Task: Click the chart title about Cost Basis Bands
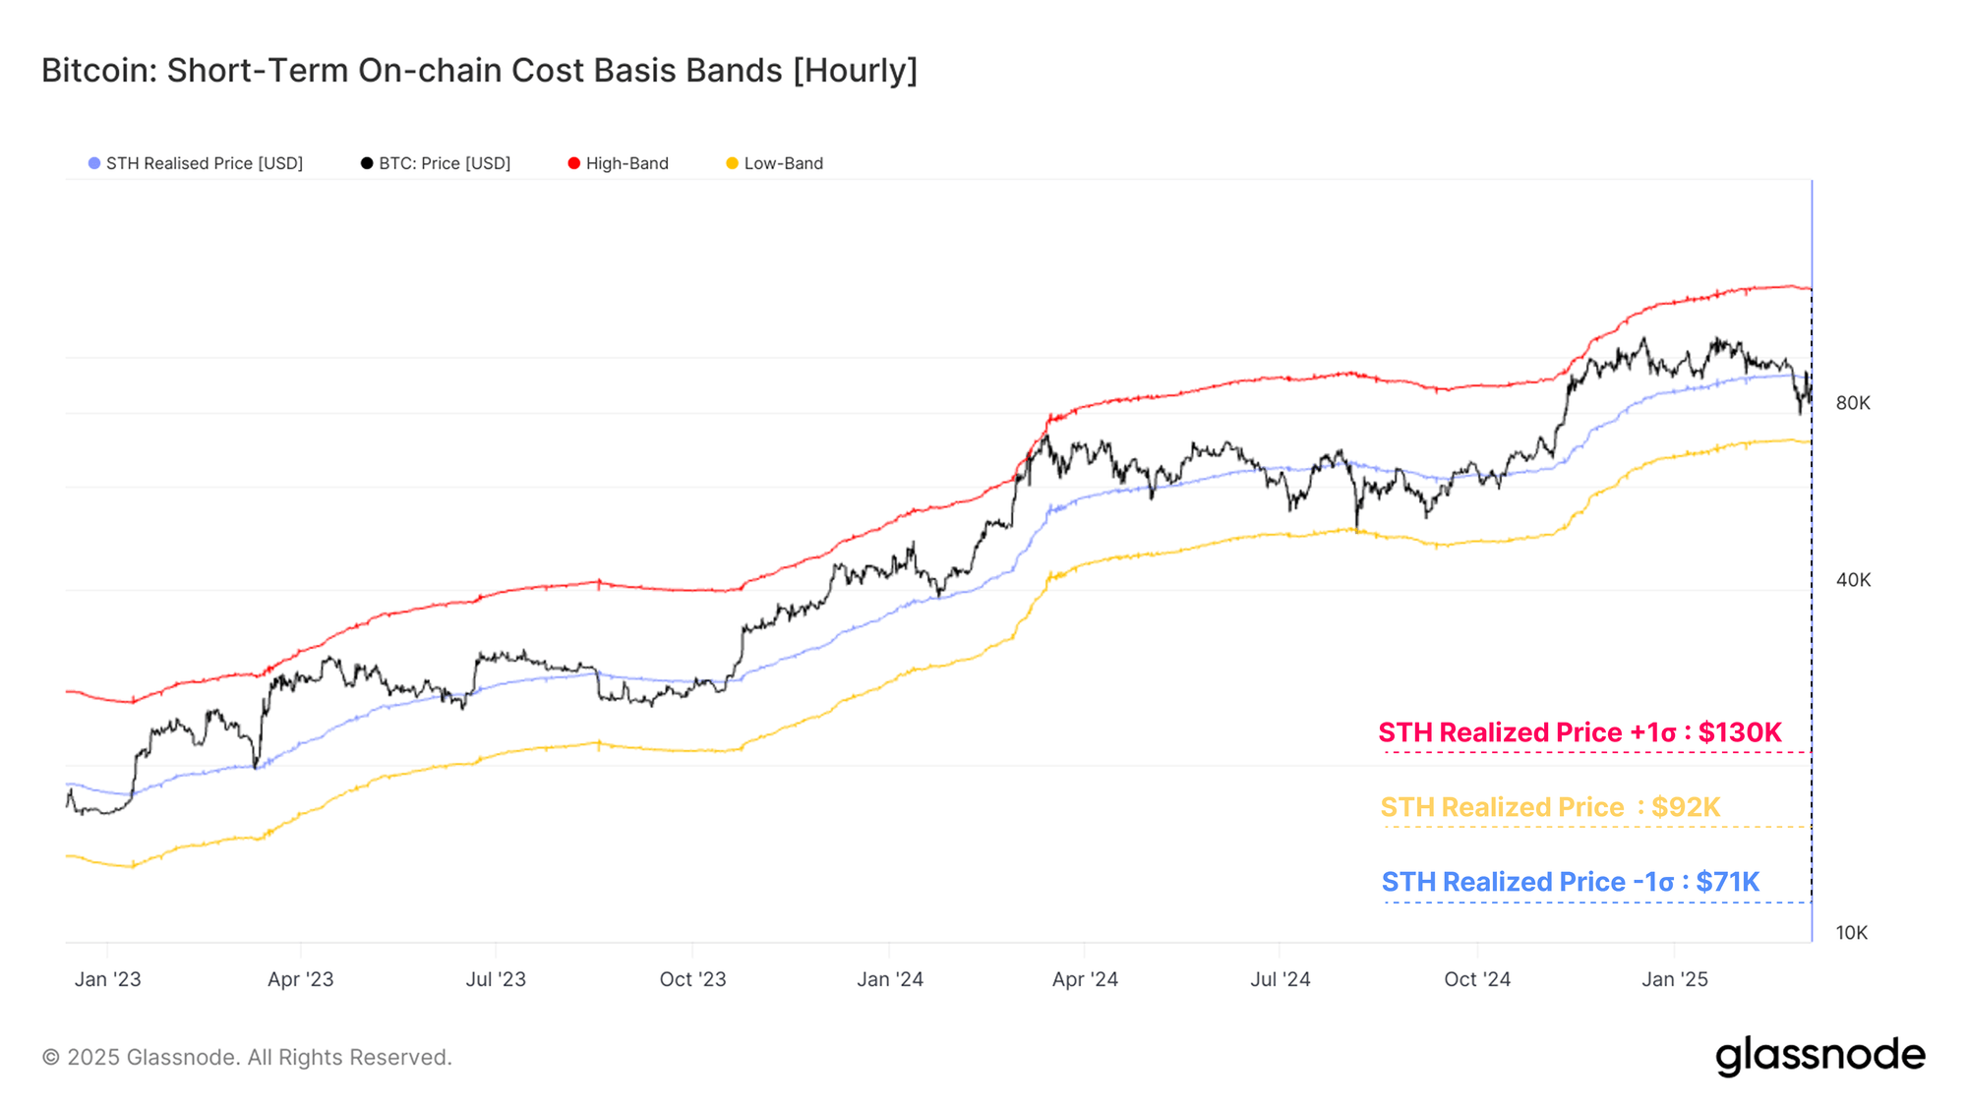click(x=479, y=71)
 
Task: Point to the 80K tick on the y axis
click(x=1853, y=403)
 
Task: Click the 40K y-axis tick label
click(x=1853, y=580)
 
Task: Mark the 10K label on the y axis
click(x=1851, y=933)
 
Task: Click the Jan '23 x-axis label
click(x=108, y=979)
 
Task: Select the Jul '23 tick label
click(x=496, y=979)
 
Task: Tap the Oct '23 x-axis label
click(x=692, y=979)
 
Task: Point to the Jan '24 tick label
click(x=890, y=979)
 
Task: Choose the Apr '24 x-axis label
click(x=1085, y=979)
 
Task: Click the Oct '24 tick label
click(x=1477, y=979)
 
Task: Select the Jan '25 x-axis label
click(x=1675, y=979)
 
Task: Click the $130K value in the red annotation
click(x=1740, y=732)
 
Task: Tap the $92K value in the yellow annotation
click(x=1686, y=807)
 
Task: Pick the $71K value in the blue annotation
click(x=1728, y=882)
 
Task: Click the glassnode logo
click(x=1820, y=1055)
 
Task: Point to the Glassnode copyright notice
click(x=247, y=1058)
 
